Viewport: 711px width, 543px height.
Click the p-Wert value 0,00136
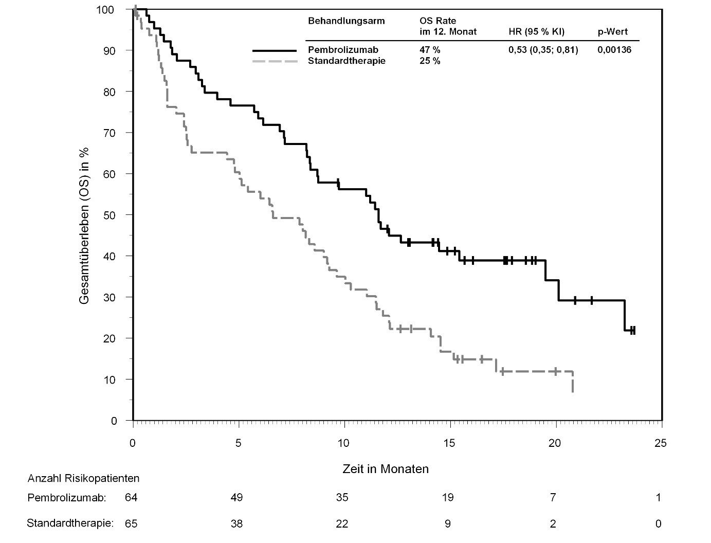(614, 50)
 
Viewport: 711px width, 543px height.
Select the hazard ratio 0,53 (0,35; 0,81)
(543, 50)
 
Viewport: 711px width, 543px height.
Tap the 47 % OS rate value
(430, 50)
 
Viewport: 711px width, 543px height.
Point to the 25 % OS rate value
(430, 61)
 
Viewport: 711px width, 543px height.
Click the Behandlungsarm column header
(346, 21)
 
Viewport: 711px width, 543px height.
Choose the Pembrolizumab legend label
(343, 50)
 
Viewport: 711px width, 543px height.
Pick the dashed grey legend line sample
(275, 61)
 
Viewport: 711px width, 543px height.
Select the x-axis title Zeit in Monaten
(386, 469)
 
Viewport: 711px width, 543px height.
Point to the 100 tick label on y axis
(113, 10)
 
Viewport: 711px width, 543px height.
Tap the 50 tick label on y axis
(115, 215)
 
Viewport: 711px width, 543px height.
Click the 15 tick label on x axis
(449, 443)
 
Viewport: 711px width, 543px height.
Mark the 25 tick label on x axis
(661, 443)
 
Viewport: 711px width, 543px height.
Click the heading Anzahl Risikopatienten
(83, 478)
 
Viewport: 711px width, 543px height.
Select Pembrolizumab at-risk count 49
(236, 497)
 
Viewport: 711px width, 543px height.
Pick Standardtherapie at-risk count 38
(236, 524)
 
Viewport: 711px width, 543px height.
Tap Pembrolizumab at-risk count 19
(448, 497)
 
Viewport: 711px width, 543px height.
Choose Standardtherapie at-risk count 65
(131, 524)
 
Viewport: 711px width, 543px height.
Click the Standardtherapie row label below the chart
(70, 523)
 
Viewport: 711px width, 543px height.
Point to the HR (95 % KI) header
(536, 32)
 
